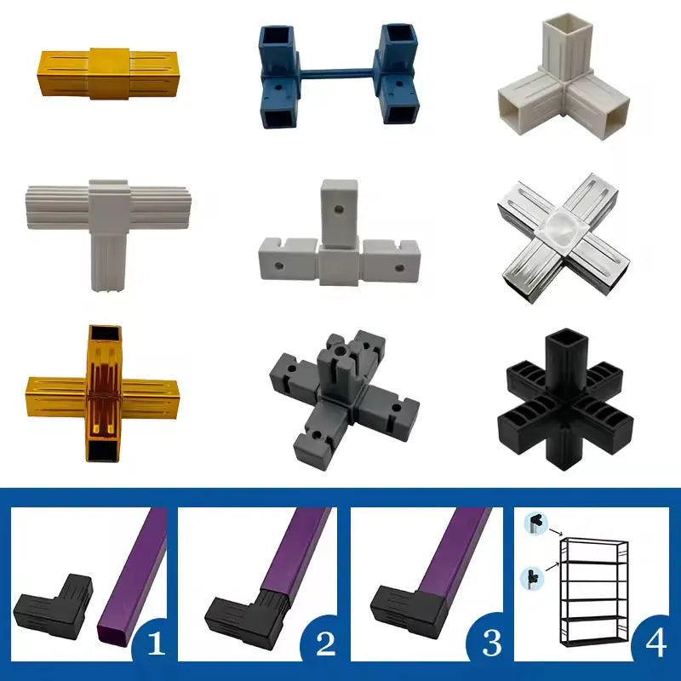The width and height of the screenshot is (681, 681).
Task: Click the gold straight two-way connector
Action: (x=110, y=73)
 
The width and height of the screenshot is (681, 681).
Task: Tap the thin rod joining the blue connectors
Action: (x=335, y=72)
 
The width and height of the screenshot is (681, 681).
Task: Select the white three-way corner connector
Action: (x=564, y=77)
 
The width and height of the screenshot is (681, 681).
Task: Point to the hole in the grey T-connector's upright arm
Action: (x=338, y=210)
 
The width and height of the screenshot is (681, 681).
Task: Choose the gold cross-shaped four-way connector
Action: (x=103, y=393)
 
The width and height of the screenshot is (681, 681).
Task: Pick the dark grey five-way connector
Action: (x=343, y=399)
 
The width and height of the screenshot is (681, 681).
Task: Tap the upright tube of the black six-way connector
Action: (x=564, y=360)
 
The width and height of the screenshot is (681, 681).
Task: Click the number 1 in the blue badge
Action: (x=156, y=643)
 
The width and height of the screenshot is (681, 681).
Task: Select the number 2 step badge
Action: (x=326, y=643)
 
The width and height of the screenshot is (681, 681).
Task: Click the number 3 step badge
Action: (x=492, y=643)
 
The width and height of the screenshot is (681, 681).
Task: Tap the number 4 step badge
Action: (x=655, y=643)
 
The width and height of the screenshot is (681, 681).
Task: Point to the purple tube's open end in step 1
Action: (x=113, y=634)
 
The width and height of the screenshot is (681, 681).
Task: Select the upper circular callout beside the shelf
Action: (x=536, y=523)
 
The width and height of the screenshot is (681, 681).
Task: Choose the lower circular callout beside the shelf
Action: (x=533, y=578)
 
